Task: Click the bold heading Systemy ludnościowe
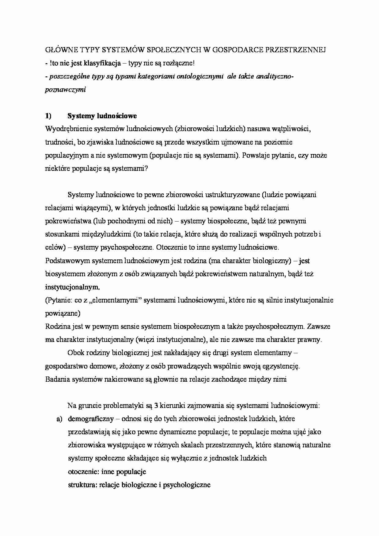(102, 116)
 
